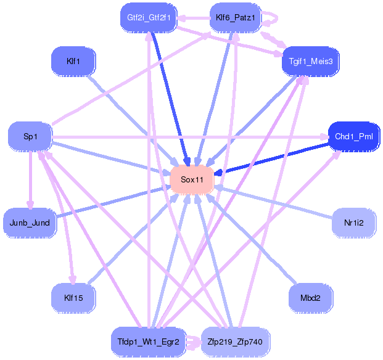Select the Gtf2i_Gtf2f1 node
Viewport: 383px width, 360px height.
coord(149,18)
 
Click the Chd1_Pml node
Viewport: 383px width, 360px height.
coord(353,136)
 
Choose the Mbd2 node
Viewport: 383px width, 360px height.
coord(310,298)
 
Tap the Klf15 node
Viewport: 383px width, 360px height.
coord(73,297)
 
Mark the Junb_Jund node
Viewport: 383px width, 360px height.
coord(30,222)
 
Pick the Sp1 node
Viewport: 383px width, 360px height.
coord(30,136)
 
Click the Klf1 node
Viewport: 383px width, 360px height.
coord(73,61)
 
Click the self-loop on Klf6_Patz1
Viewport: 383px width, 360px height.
coord(275,18)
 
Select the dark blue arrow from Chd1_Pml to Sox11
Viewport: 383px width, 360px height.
coord(271,158)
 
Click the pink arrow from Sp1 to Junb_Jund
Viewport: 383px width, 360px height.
coord(30,179)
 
